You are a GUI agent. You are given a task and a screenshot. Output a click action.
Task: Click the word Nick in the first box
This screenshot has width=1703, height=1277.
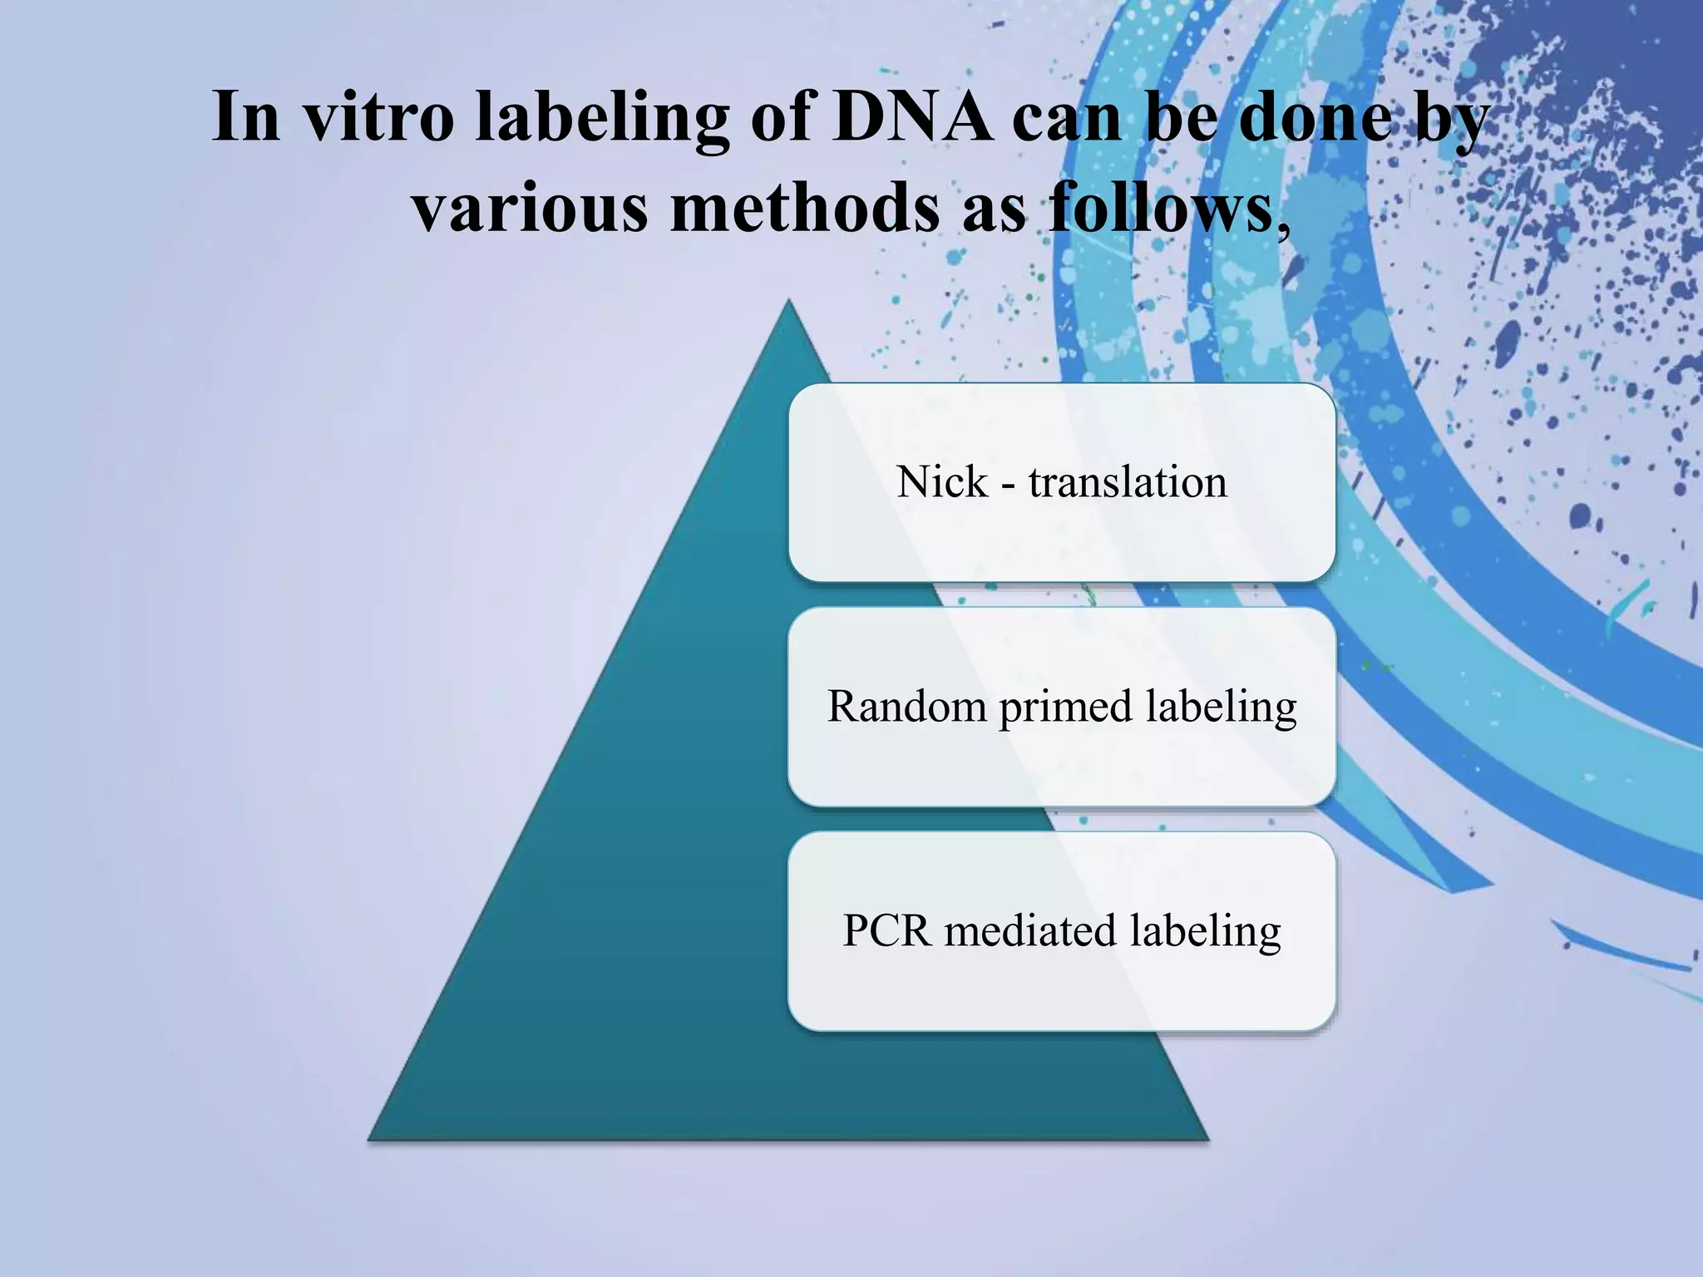coord(942,482)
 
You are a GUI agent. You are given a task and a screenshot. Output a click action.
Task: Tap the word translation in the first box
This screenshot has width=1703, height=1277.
coord(1128,482)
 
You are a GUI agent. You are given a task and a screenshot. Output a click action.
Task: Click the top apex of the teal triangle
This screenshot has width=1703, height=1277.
coord(788,303)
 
